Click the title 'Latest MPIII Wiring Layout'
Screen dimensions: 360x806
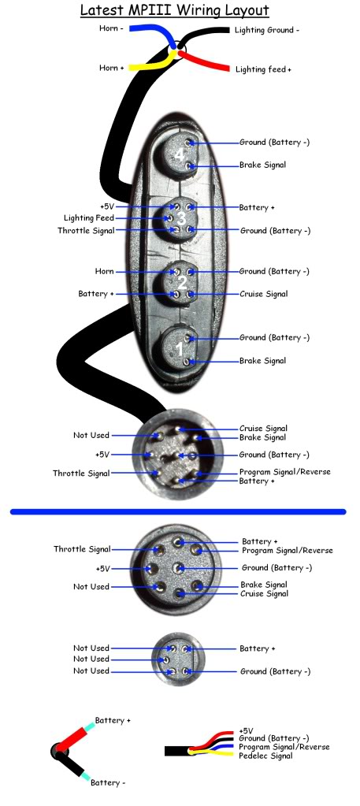click(x=174, y=9)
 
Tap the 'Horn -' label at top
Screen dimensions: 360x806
click(x=111, y=29)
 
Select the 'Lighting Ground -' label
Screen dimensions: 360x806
click(x=267, y=30)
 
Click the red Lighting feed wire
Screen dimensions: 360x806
click(x=203, y=60)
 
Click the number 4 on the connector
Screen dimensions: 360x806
click(x=179, y=154)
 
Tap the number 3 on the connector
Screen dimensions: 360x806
click(x=181, y=218)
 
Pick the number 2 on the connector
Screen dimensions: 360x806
click(x=181, y=282)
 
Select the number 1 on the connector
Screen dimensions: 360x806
click(x=179, y=350)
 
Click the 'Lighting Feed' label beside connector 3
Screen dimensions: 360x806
click(x=88, y=218)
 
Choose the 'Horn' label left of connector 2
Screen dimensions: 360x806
click(x=104, y=271)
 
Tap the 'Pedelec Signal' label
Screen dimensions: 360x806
click(x=265, y=756)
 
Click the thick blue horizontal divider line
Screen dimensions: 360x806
click(x=178, y=511)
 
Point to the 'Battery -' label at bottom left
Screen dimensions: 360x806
click(x=108, y=783)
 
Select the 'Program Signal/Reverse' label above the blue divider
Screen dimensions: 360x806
click(x=285, y=472)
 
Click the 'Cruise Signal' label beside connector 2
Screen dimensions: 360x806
click(x=263, y=294)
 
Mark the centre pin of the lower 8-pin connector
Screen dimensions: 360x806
click(x=179, y=568)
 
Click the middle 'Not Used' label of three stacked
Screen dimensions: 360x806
click(x=91, y=659)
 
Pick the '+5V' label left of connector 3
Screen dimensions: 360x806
click(x=107, y=206)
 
